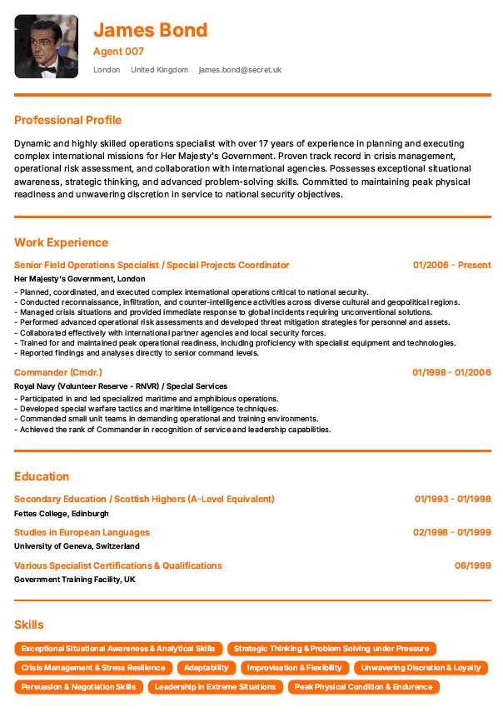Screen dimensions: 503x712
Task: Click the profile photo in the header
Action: (46, 46)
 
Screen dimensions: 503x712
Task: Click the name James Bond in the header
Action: (150, 31)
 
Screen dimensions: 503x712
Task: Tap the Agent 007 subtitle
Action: (118, 52)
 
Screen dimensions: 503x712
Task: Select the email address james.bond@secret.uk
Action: (240, 70)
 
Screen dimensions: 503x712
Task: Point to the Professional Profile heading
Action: (67, 120)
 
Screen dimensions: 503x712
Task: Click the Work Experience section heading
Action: (61, 242)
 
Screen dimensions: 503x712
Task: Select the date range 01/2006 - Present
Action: (451, 265)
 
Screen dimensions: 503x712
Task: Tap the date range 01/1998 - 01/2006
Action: (451, 372)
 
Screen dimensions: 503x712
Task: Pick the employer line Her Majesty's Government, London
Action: (80, 279)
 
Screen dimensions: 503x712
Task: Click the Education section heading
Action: (42, 476)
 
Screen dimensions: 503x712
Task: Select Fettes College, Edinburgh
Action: (62, 514)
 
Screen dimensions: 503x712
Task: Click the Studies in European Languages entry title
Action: (82, 532)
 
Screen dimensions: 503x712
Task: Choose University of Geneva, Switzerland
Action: (77, 546)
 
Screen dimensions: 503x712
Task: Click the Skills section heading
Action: (29, 625)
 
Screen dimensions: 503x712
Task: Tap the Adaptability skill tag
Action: (206, 668)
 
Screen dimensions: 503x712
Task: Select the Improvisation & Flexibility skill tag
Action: (294, 668)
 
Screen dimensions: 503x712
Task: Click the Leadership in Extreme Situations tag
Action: (215, 687)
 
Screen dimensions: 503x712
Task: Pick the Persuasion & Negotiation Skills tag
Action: (78, 687)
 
